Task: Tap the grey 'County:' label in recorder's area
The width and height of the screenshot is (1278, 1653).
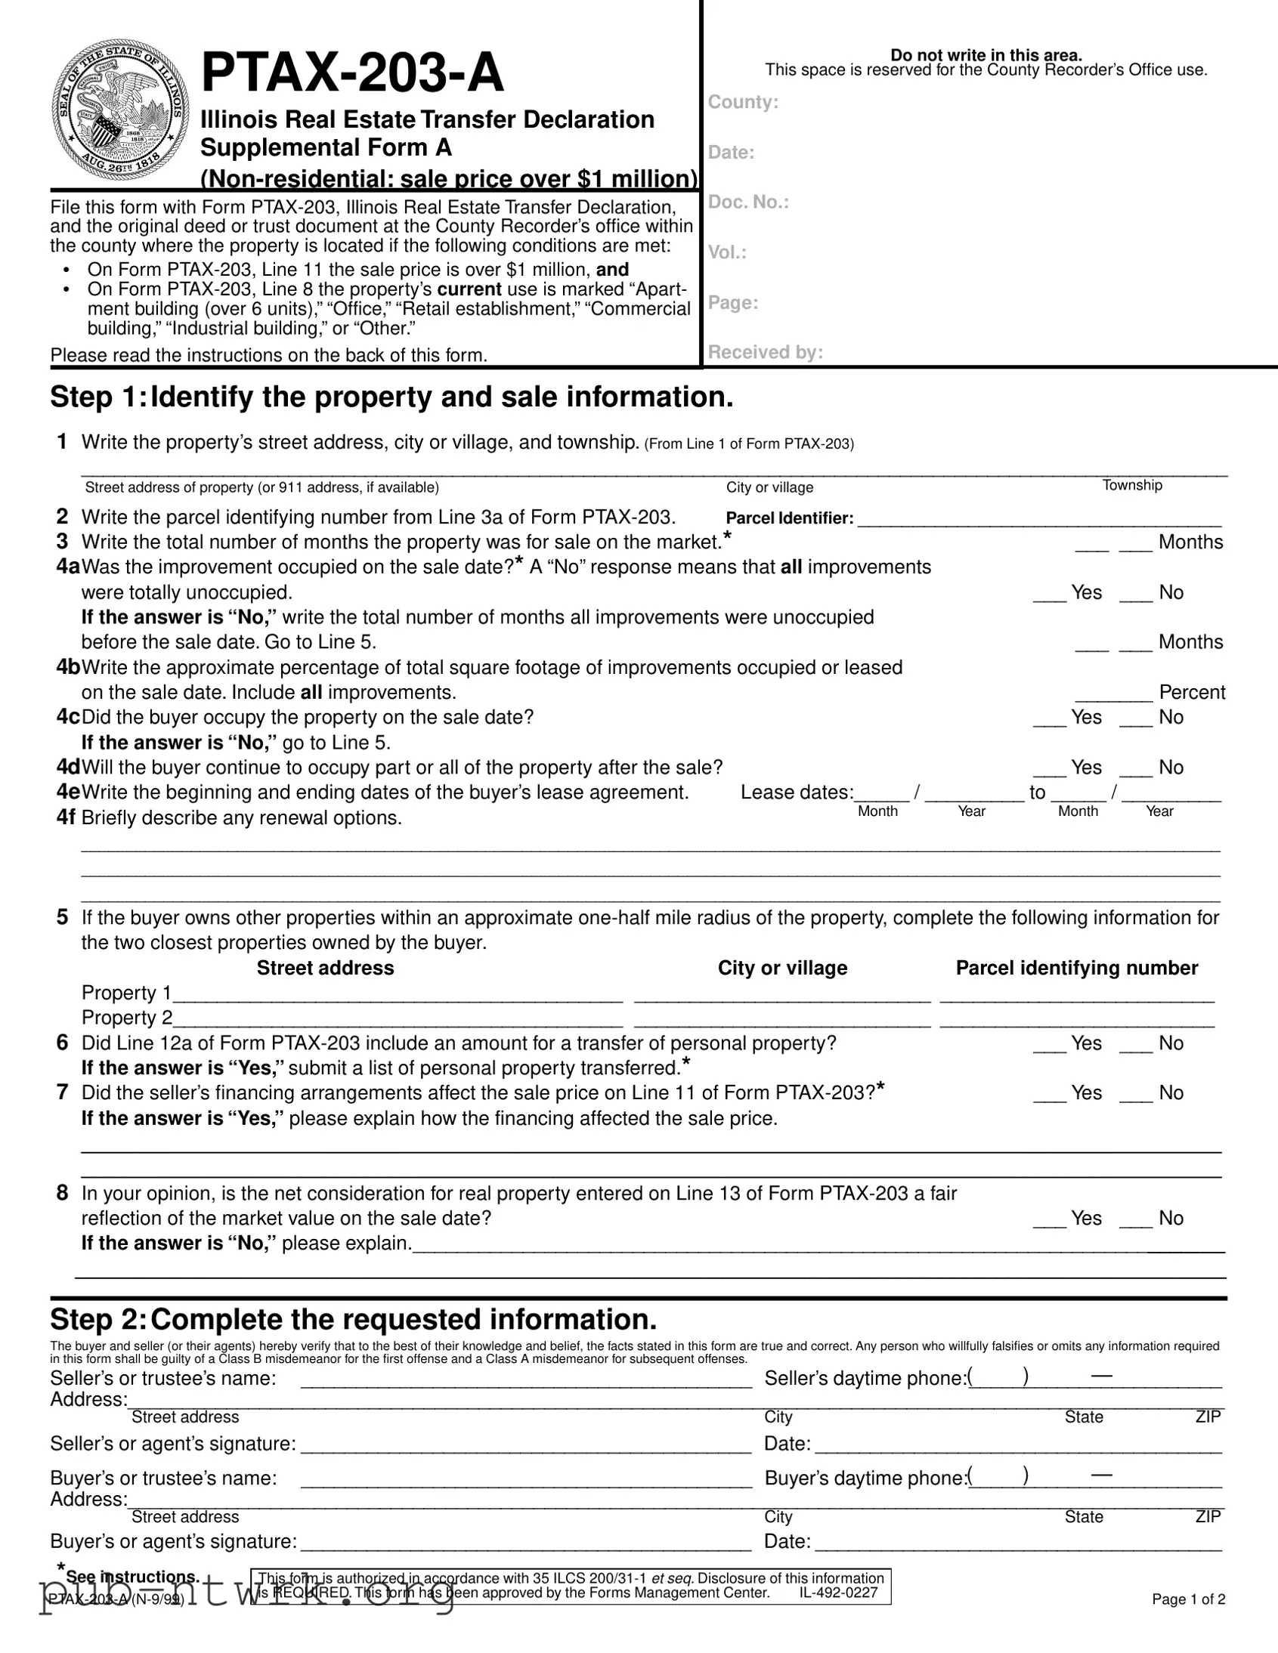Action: point(743,102)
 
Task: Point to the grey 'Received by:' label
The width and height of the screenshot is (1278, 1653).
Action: point(765,352)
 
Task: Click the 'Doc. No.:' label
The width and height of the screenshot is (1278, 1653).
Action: point(748,202)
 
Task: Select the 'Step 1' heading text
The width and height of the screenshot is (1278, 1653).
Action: point(391,397)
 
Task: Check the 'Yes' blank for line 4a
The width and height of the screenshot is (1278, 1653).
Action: point(1049,594)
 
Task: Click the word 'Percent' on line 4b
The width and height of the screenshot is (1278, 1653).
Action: point(1192,693)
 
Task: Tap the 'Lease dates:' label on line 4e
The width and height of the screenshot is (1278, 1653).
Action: point(797,793)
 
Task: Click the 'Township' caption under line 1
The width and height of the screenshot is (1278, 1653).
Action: point(1132,485)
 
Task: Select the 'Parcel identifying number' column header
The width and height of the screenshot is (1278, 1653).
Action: point(1076,968)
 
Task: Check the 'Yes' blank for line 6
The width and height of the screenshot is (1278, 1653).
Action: point(1049,1046)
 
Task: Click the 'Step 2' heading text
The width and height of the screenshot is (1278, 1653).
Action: point(353,1319)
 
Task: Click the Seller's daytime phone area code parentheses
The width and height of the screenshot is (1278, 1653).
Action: point(998,1377)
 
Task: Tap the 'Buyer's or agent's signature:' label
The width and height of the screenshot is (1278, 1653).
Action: point(173,1542)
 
